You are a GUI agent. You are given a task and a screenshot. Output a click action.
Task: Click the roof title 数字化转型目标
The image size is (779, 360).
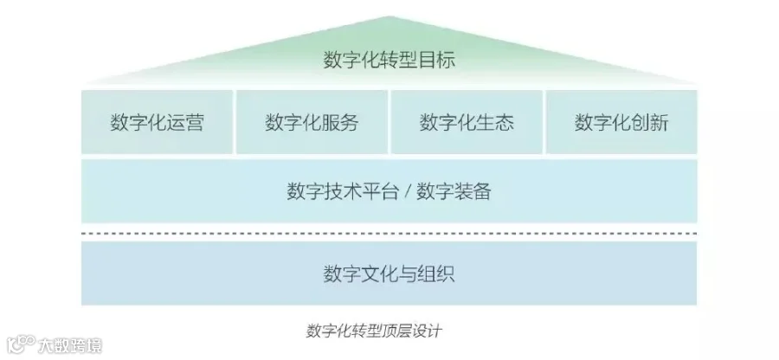389,60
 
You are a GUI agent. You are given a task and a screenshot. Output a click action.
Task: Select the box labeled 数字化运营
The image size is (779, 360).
158,122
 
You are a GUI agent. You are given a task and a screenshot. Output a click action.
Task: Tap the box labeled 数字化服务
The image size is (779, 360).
312,122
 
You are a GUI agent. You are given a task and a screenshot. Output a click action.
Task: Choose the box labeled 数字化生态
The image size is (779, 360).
467,122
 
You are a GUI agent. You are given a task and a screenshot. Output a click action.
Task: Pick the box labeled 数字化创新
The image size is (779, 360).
621,122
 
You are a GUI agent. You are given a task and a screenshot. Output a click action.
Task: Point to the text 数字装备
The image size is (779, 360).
453,191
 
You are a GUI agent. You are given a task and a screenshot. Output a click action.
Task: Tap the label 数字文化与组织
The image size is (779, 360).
389,274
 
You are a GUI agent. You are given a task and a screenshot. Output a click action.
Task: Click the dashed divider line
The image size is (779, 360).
389,232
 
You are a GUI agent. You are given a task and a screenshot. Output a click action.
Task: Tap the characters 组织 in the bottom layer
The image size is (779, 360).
437,274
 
